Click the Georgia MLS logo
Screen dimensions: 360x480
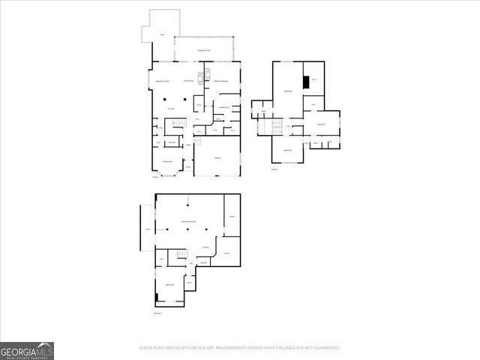click(27, 350)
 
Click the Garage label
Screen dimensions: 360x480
click(217, 157)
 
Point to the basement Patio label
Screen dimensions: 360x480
click(148, 229)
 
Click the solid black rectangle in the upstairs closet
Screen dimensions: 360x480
click(305, 82)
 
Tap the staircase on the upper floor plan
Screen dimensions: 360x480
click(274, 125)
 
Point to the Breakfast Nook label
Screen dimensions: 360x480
click(162, 80)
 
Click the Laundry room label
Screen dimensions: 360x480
click(172, 142)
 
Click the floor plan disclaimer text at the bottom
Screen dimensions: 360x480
click(240, 347)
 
